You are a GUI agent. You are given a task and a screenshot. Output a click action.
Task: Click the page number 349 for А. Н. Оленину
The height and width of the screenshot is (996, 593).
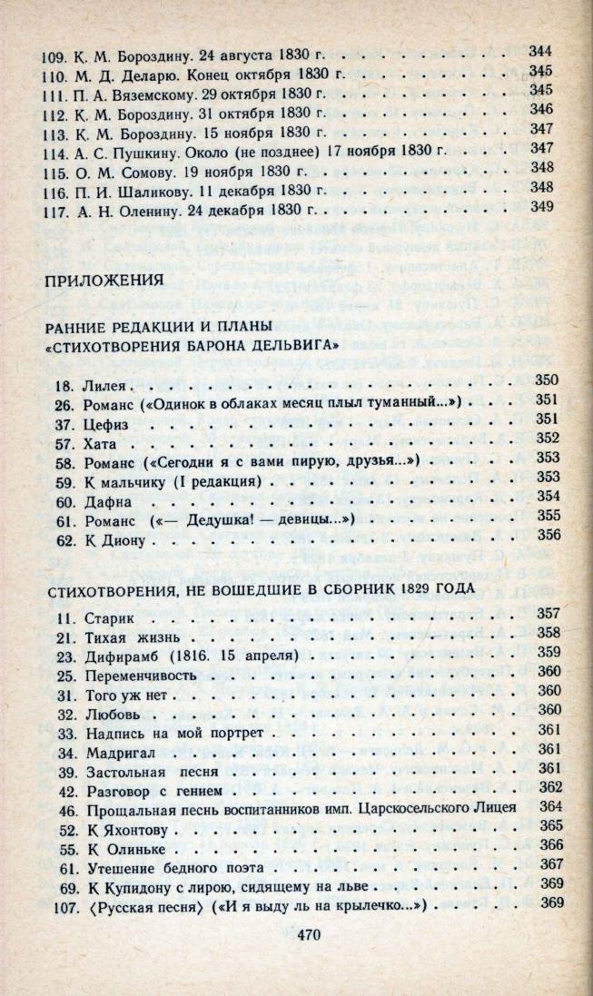pos(540,207)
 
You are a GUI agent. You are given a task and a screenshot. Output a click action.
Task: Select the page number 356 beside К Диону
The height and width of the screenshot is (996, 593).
pos(548,538)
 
